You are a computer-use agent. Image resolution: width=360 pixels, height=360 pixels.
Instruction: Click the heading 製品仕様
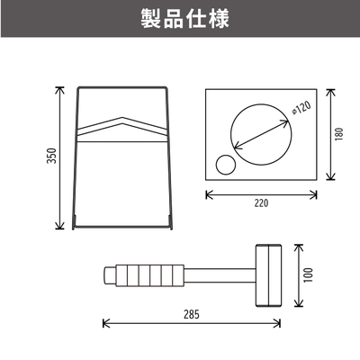(x=185, y=19)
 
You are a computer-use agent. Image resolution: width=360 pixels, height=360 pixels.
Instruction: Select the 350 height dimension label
(x=52, y=156)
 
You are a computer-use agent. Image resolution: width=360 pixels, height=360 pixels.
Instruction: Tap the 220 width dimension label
(x=261, y=203)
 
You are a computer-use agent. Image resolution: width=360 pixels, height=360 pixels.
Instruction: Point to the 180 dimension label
(x=339, y=134)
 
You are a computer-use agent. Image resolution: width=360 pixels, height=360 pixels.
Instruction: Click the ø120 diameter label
(x=301, y=107)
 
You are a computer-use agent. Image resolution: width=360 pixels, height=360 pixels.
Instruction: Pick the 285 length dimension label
(x=192, y=314)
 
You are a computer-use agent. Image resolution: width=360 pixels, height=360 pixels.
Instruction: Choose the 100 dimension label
(x=308, y=275)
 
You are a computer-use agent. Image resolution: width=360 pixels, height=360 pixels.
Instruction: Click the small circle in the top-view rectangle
(x=226, y=165)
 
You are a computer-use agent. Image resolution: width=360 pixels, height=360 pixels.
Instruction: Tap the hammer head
(x=268, y=275)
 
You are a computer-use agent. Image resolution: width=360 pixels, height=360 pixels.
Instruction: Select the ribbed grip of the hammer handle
(x=149, y=275)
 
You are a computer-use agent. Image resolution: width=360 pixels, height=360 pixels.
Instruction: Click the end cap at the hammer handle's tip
(x=110, y=275)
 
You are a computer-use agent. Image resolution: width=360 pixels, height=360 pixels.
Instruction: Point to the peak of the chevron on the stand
(x=122, y=117)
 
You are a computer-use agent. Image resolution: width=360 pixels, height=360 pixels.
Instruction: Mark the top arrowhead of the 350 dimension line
(x=59, y=89)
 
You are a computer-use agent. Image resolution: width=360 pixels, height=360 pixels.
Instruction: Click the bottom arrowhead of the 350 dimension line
(x=59, y=226)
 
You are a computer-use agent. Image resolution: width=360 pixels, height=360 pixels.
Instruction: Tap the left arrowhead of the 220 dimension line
(x=209, y=194)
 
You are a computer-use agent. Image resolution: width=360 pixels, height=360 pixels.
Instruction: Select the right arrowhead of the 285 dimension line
(x=277, y=323)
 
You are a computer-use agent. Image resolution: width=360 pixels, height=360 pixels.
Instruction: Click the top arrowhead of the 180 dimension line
(x=330, y=92)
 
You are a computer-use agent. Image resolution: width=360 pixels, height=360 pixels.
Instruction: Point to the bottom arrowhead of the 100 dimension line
(x=299, y=303)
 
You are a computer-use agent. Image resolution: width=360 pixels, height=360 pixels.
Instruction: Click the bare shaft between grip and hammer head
(x=220, y=275)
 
